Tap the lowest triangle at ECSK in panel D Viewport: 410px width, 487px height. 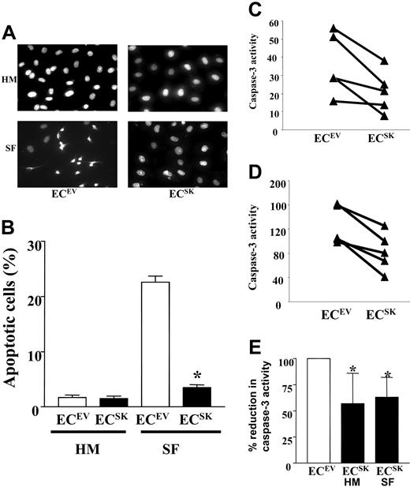click(383, 276)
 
